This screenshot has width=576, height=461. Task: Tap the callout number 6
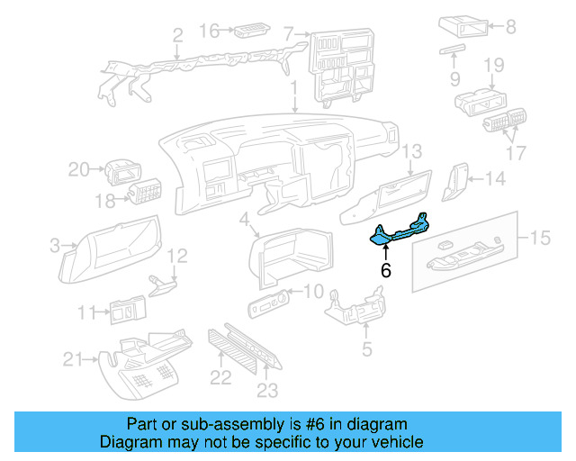click(x=386, y=269)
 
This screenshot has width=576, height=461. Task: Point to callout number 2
click(x=177, y=35)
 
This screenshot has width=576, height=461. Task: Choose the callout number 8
click(x=511, y=27)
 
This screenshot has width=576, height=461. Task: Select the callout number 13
click(x=411, y=150)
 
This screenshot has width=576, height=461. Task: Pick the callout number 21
click(x=74, y=360)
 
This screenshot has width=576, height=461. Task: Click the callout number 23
click(x=267, y=390)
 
